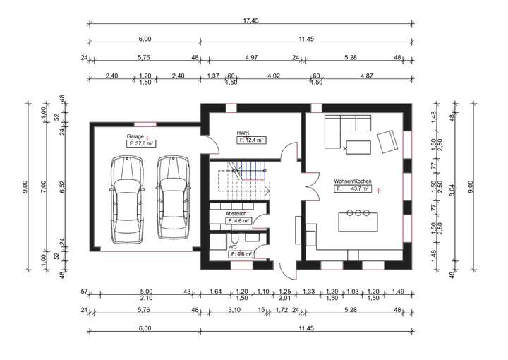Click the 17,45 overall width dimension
tap(250, 20)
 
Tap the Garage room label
tap(135, 136)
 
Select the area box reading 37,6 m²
tap(141, 143)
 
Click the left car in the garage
tap(127, 199)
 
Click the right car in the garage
tap(173, 198)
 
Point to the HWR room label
tap(243, 133)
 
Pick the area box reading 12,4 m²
tap(252, 140)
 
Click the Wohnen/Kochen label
tap(353, 181)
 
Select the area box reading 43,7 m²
tap(353, 188)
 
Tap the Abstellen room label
tap(236, 214)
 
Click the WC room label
tap(232, 247)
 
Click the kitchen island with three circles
tap(358, 222)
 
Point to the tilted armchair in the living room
tap(387, 142)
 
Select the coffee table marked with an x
tap(358, 148)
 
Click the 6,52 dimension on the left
tap(63, 186)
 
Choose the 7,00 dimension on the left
tap(44, 186)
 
